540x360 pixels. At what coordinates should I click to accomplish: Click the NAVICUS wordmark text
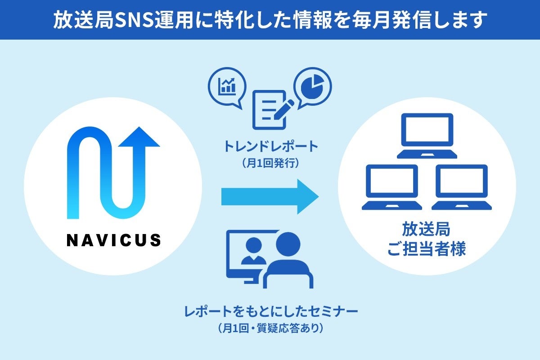coord(113,239)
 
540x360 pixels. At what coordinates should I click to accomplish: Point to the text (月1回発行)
coord(270,163)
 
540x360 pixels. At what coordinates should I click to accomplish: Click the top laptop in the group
coord(427,135)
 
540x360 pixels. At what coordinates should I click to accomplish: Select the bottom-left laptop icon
coord(392,187)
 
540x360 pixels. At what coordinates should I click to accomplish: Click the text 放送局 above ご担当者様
coord(427,230)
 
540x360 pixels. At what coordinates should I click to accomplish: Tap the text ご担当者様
coord(427,249)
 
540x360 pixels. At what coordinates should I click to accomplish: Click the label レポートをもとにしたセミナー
coord(270,311)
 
